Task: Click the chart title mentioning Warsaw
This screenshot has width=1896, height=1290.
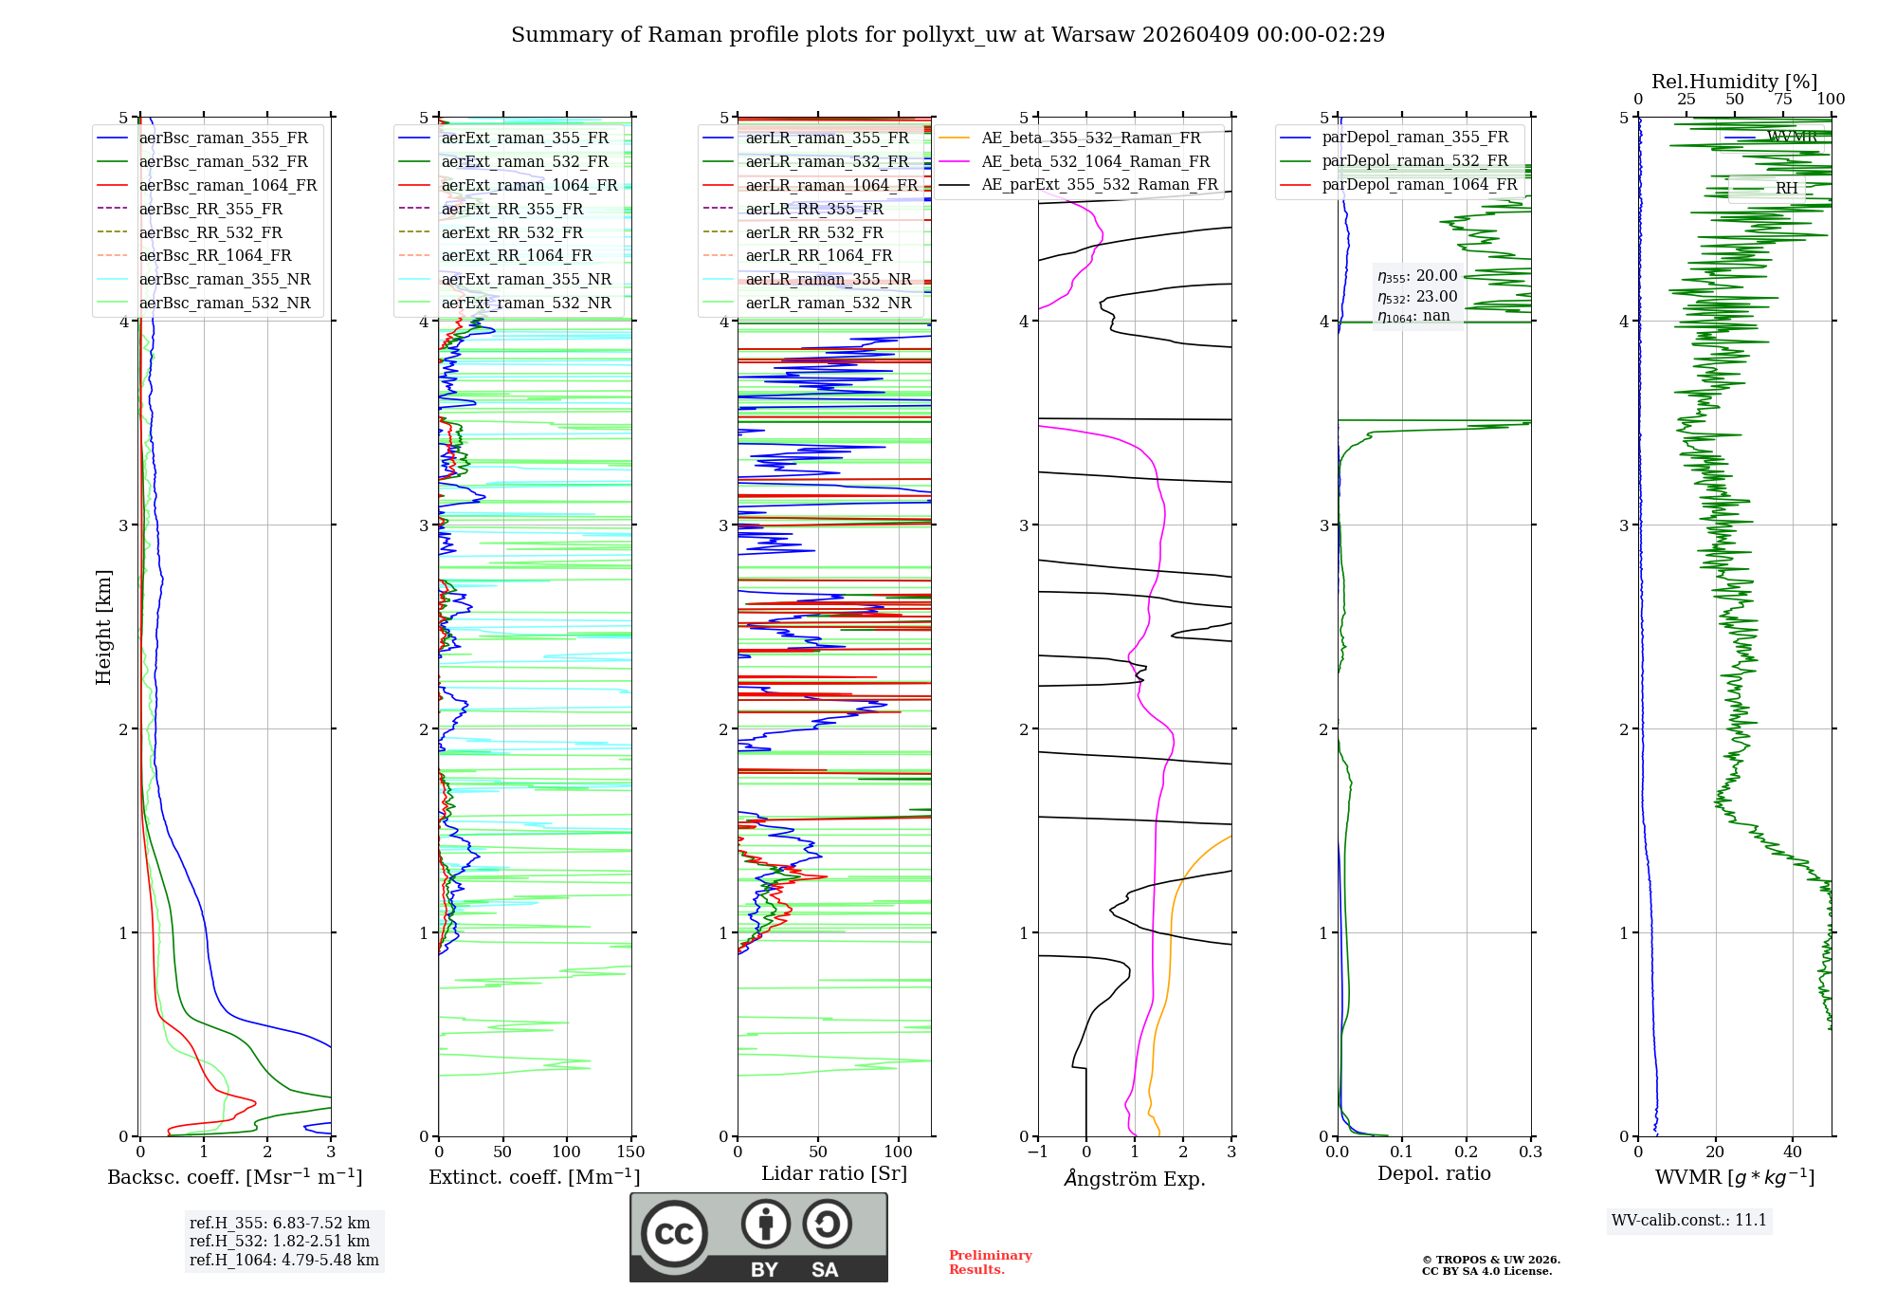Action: pos(947,35)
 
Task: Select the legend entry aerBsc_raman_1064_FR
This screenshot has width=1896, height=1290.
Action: pos(228,185)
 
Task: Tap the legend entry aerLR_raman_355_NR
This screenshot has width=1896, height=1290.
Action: pos(828,279)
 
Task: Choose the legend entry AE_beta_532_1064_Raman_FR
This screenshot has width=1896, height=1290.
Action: pos(1095,161)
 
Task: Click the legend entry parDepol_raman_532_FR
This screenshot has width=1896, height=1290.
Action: pos(1414,161)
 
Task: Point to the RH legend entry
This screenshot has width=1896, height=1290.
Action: pos(1786,188)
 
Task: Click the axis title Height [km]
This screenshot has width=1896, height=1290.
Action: pos(103,627)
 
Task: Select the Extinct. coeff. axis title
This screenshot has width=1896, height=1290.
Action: pos(534,1177)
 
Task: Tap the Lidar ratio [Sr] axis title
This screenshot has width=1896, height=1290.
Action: pos(833,1173)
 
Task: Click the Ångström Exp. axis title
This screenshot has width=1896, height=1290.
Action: pos(1134,1178)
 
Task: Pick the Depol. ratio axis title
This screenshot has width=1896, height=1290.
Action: pos(1433,1173)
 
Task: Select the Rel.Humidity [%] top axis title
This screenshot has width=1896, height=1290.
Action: pos(1734,82)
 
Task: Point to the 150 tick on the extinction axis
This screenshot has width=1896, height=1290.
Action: pos(630,1152)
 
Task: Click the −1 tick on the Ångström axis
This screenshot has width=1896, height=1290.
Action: pos(1037,1152)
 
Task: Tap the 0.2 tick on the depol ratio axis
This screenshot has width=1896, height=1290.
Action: pos(1466,1152)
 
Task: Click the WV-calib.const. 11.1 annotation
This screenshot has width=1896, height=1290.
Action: pos(1688,1220)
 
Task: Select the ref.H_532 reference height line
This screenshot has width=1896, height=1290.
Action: pos(279,1241)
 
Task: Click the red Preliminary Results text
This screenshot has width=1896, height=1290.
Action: pos(990,1262)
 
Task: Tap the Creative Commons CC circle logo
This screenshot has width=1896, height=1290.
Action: pos(674,1233)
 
